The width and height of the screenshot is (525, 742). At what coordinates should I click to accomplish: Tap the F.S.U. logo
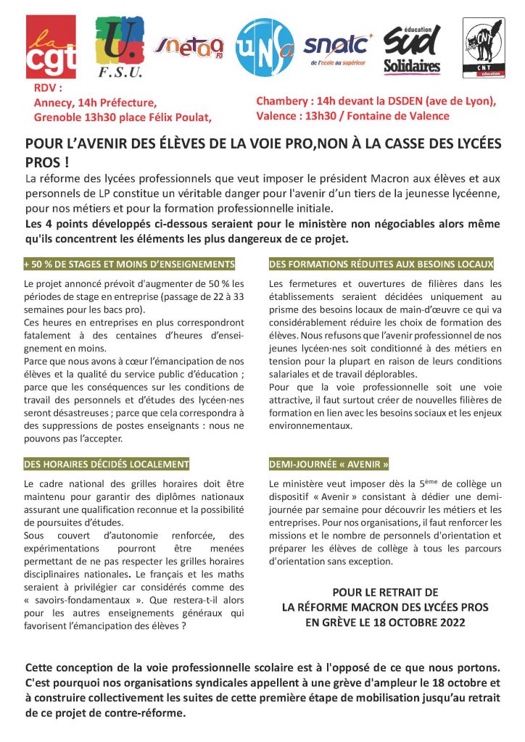coord(120,47)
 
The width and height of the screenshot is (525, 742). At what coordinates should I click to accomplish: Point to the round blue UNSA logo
coord(265,47)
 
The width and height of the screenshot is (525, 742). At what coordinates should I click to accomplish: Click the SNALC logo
coord(337,48)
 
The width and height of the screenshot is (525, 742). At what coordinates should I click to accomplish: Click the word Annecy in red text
coord(53,103)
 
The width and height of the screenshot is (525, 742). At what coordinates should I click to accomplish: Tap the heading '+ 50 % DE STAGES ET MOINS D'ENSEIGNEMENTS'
coord(130,264)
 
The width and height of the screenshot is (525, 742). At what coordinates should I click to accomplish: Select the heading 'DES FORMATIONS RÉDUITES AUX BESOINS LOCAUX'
coord(381,264)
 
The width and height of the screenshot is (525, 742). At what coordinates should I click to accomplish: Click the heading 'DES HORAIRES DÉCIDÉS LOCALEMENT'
coord(107,464)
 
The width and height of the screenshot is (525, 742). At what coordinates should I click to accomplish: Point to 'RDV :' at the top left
coord(49,88)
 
